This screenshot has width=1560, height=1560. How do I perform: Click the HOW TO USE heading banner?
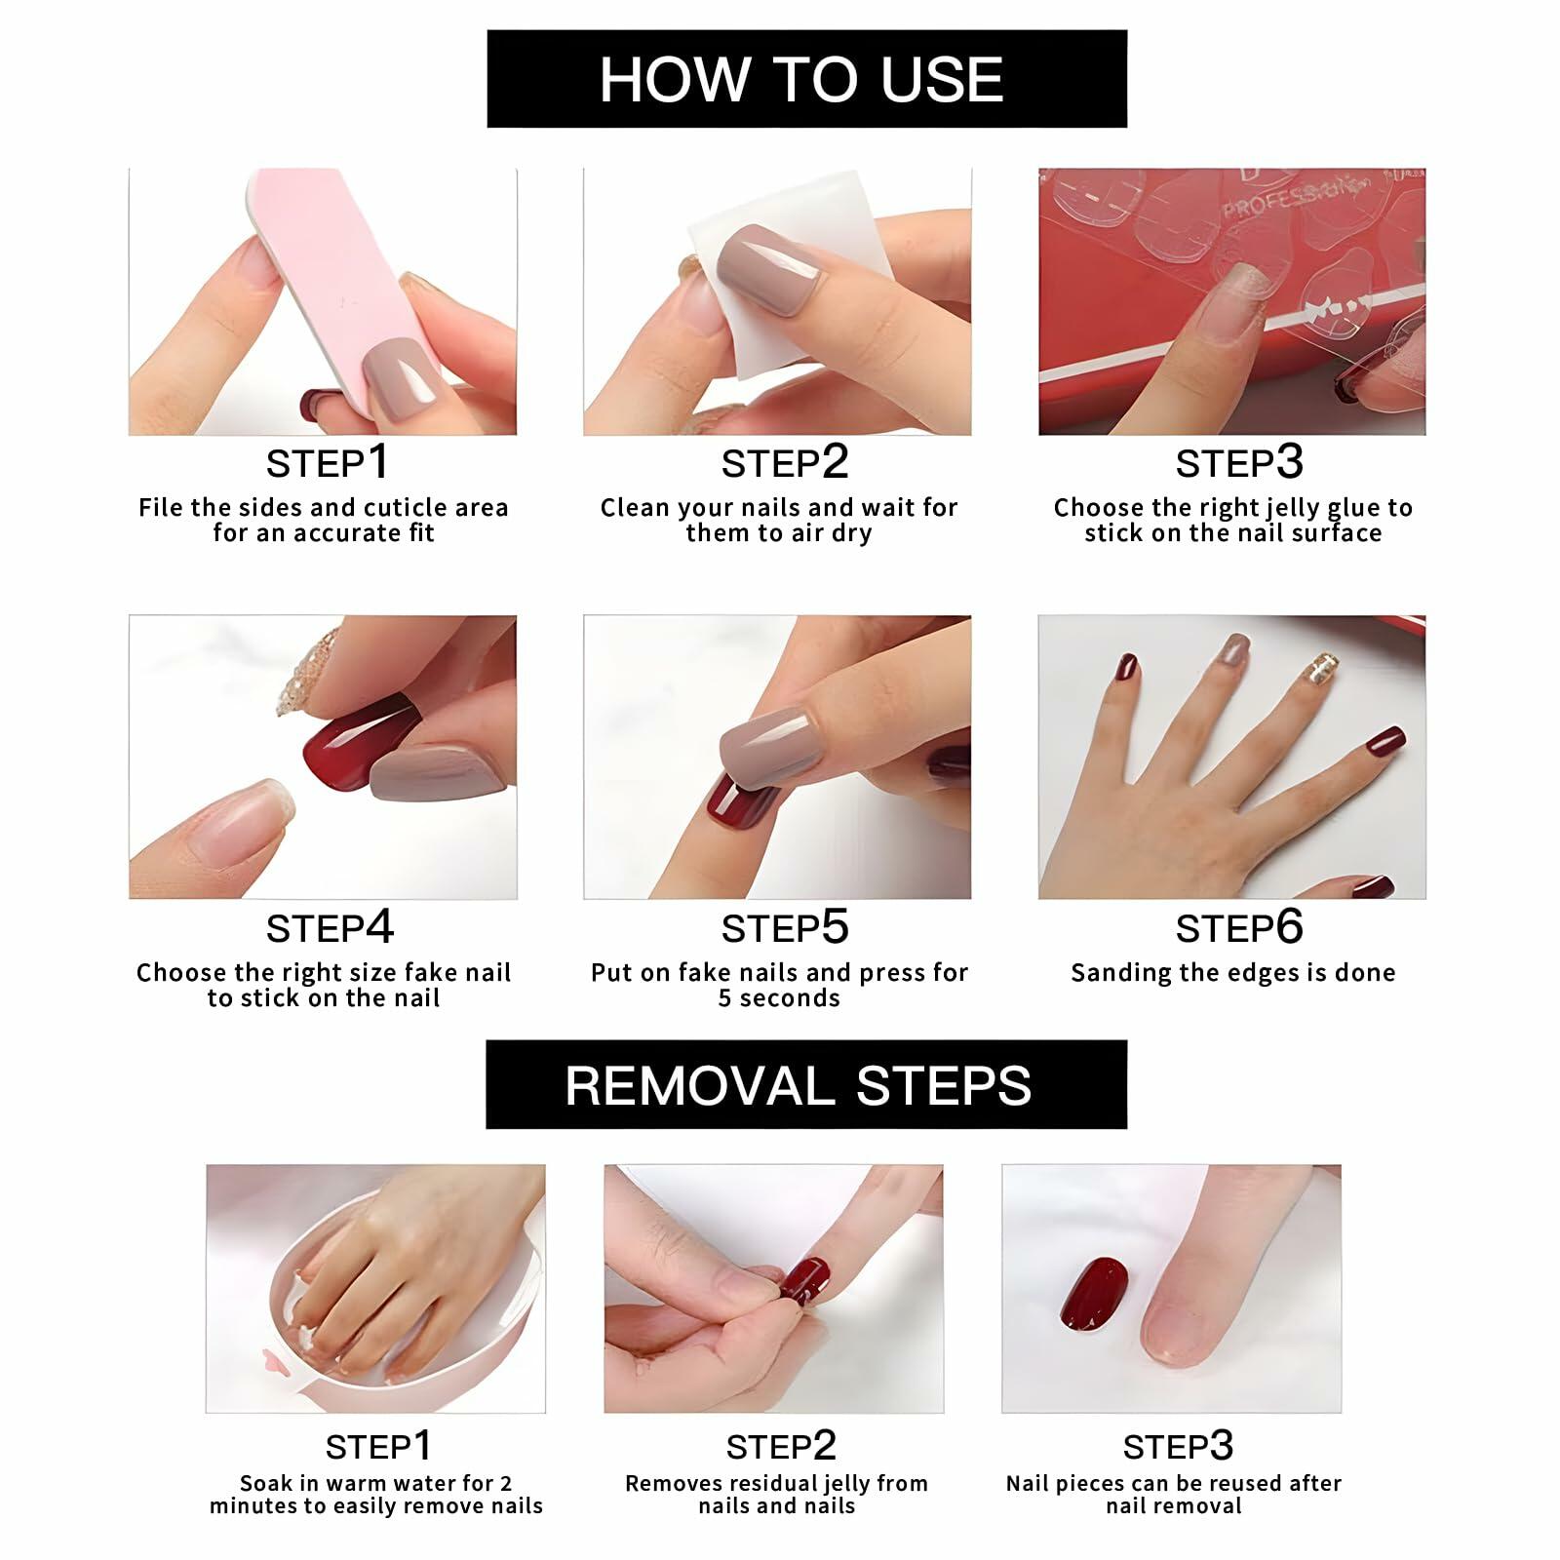(x=806, y=79)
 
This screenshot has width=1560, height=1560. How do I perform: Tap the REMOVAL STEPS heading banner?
(x=806, y=1084)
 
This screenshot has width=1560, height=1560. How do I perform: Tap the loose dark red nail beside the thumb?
(x=1094, y=1293)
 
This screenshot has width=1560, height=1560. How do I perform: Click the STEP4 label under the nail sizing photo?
(x=330, y=927)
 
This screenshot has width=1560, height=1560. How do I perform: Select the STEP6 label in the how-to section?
(x=1238, y=927)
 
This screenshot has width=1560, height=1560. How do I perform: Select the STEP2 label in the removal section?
(x=781, y=1446)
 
